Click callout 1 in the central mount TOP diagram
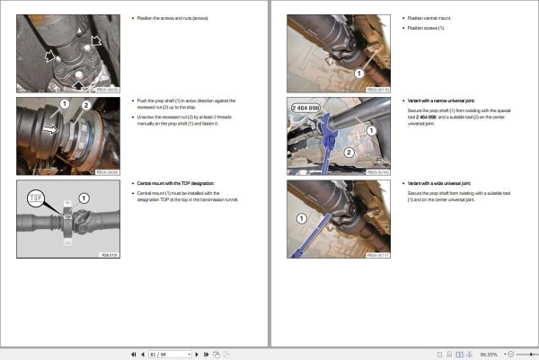pos(84,197)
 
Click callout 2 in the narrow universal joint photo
pos(345,153)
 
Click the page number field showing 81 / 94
pos(169,355)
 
